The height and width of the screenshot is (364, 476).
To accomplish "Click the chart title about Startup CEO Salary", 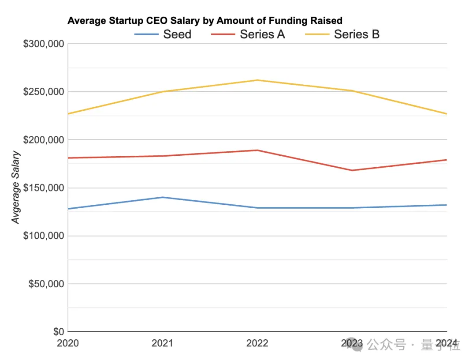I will click(x=205, y=21).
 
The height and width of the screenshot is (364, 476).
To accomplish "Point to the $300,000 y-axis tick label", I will click(x=43, y=44).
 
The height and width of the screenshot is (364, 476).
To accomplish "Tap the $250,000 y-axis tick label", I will click(x=43, y=92).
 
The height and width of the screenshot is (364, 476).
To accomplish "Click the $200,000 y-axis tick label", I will click(x=43, y=140).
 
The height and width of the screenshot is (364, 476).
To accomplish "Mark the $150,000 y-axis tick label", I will click(x=43, y=188).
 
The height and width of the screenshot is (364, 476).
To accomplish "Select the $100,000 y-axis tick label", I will click(x=43, y=236).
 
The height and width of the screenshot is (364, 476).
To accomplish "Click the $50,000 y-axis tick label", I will click(x=46, y=284).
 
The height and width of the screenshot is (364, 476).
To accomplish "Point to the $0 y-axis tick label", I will click(x=58, y=332).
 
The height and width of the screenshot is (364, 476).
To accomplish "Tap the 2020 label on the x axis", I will click(x=68, y=343).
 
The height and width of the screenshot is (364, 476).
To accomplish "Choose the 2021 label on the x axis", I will click(x=163, y=343).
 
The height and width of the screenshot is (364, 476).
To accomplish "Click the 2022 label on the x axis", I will click(x=257, y=343).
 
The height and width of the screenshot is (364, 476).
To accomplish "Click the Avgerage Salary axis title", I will click(x=16, y=188).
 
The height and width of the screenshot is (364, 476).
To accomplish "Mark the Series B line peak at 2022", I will click(x=257, y=80).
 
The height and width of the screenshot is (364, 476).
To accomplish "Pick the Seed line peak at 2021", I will click(x=163, y=197).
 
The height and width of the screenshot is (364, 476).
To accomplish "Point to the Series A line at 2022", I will click(x=257, y=150).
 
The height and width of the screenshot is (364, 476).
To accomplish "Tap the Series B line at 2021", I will click(x=163, y=92).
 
